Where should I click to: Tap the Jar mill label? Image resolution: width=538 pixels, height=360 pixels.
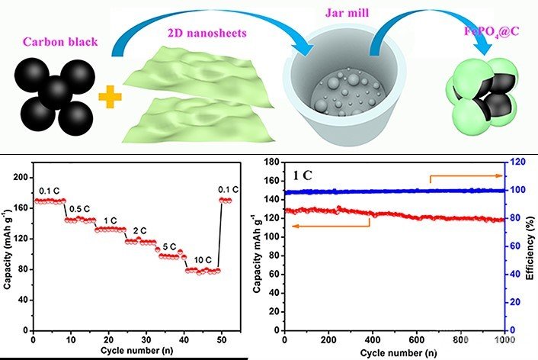point(350,22)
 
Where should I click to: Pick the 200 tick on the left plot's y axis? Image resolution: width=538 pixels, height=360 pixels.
point(21,176)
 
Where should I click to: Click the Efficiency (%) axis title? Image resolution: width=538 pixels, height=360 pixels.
point(531,246)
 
